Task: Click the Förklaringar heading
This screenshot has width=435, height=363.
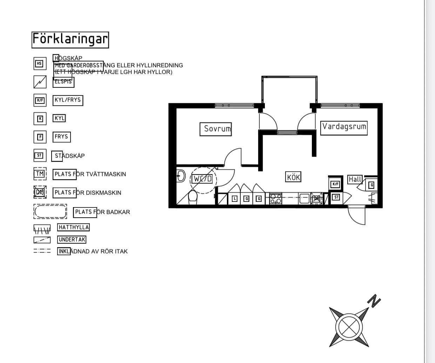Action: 70,40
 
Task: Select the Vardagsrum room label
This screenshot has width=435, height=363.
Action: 344,127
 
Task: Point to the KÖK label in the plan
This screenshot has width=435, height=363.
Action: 294,177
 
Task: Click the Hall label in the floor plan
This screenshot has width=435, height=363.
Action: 355,179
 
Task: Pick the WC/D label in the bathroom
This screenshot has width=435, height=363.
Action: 203,179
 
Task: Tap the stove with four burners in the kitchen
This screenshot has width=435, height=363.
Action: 275,199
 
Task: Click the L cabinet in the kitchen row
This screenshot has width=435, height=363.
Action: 234,199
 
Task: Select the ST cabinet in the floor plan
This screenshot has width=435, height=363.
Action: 336,197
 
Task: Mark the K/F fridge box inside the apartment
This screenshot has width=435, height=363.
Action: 335,184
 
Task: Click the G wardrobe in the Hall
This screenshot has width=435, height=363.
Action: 372,185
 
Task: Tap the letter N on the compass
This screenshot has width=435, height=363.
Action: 374,301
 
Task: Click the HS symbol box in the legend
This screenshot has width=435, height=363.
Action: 40,64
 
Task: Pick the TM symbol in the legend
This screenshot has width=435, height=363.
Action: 40,174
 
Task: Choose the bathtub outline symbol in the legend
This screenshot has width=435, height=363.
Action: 50,212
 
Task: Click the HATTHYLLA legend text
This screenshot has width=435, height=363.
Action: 74,227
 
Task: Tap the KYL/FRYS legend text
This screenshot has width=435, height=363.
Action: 68,100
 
